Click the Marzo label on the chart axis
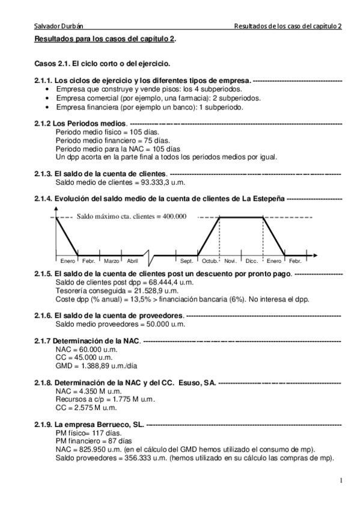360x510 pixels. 111,260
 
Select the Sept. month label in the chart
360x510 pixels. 187,260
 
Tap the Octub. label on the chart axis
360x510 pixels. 210,260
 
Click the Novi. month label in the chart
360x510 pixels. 230,260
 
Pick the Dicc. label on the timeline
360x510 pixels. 252,260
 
